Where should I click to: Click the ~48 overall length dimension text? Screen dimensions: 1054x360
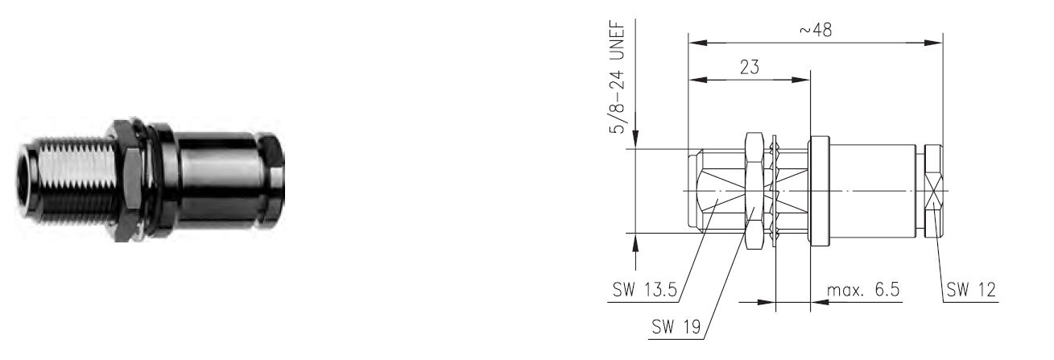tap(816, 30)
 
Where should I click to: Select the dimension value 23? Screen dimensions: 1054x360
tap(750, 68)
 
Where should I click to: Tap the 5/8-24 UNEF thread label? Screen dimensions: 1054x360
tap(617, 77)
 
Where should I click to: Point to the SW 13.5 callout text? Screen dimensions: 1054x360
tap(645, 289)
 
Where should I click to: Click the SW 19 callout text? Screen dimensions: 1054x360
tap(676, 326)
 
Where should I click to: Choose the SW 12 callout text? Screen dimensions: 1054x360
tap(971, 289)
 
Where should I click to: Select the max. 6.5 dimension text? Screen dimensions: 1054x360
tap(863, 289)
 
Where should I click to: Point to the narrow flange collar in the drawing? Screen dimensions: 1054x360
tap(819, 191)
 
